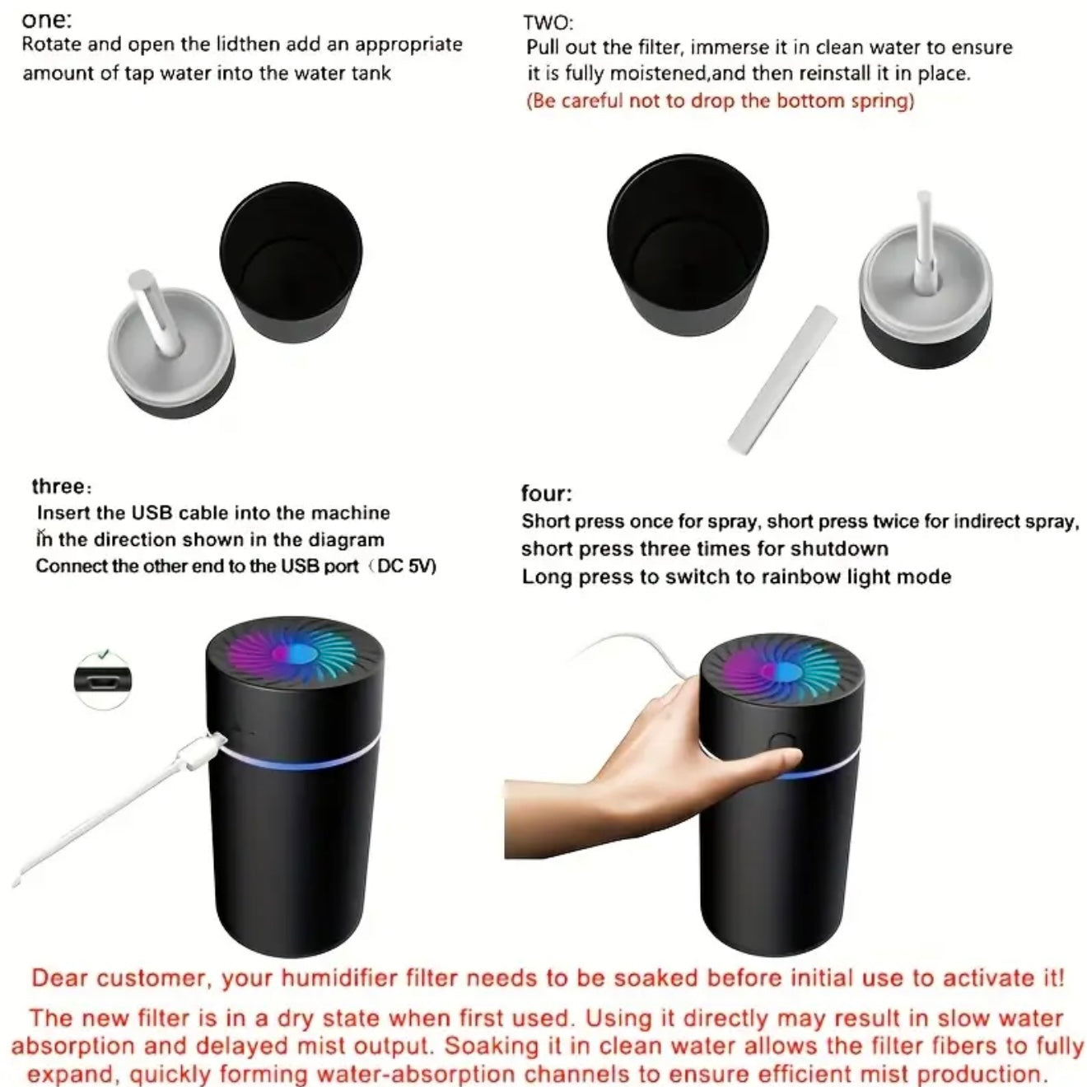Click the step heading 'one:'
(x=47, y=21)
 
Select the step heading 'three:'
(x=62, y=486)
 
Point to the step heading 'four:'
(x=547, y=493)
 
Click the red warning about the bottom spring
(x=720, y=101)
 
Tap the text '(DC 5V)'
(x=404, y=566)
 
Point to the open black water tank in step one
(x=291, y=263)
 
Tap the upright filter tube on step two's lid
(x=924, y=237)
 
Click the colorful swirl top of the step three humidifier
(x=295, y=655)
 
